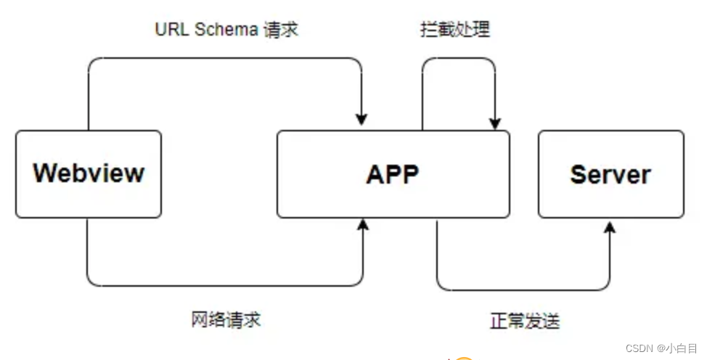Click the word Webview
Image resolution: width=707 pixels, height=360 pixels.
click(x=89, y=173)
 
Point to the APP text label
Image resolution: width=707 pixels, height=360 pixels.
click(x=393, y=174)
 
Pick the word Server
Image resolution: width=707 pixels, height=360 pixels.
click(x=610, y=174)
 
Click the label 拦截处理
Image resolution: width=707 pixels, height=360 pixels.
click(x=455, y=30)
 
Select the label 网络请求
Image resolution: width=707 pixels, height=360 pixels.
click(x=226, y=319)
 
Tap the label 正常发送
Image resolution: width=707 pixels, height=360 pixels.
click(x=525, y=321)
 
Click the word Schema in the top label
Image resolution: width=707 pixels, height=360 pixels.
click(x=224, y=30)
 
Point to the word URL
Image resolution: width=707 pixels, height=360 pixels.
click(x=172, y=30)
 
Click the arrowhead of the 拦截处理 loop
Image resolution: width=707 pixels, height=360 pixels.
click(x=495, y=123)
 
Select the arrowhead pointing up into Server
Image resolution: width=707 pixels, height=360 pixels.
click(x=610, y=227)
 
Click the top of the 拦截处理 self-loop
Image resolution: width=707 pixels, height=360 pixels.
click(x=459, y=58)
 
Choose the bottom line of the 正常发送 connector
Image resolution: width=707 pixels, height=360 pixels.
click(x=523, y=290)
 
